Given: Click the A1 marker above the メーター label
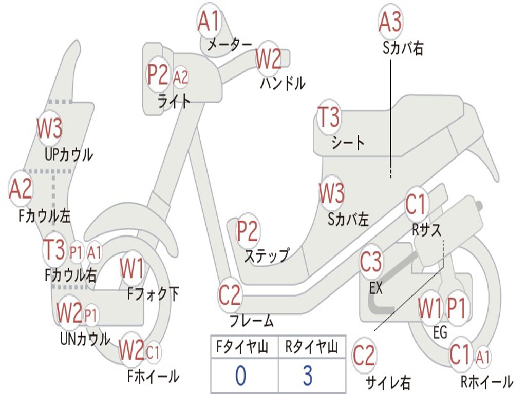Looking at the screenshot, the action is pyautogui.click(x=209, y=21).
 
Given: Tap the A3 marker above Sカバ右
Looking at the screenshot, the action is pyautogui.click(x=390, y=22).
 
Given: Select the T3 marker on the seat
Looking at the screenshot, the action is pyautogui.click(x=329, y=116).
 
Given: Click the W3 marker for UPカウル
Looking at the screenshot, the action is pyautogui.click(x=50, y=128).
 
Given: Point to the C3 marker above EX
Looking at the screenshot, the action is pyautogui.click(x=371, y=262).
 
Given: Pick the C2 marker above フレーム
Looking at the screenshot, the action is pyautogui.click(x=230, y=294).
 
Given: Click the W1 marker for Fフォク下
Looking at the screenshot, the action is pyautogui.click(x=133, y=268).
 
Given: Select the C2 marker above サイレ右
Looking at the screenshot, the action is pyautogui.click(x=364, y=356).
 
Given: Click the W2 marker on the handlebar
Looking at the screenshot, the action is pyautogui.click(x=268, y=58).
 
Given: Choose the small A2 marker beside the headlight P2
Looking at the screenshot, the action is pyautogui.click(x=180, y=77).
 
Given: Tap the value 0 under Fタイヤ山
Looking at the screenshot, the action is pyautogui.click(x=240, y=375).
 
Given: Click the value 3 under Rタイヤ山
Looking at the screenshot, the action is pyautogui.click(x=308, y=375).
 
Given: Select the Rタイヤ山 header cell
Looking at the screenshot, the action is pyautogui.click(x=312, y=347).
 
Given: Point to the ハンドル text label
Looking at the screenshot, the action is pyautogui.click(x=283, y=83).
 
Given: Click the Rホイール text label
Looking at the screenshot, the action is pyautogui.click(x=487, y=382).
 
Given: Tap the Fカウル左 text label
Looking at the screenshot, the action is pyautogui.click(x=44, y=216).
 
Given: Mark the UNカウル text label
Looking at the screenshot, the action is pyautogui.click(x=85, y=339).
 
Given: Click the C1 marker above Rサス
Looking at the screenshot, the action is pyautogui.click(x=416, y=204).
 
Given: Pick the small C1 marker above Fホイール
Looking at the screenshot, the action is pyautogui.click(x=153, y=352).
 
